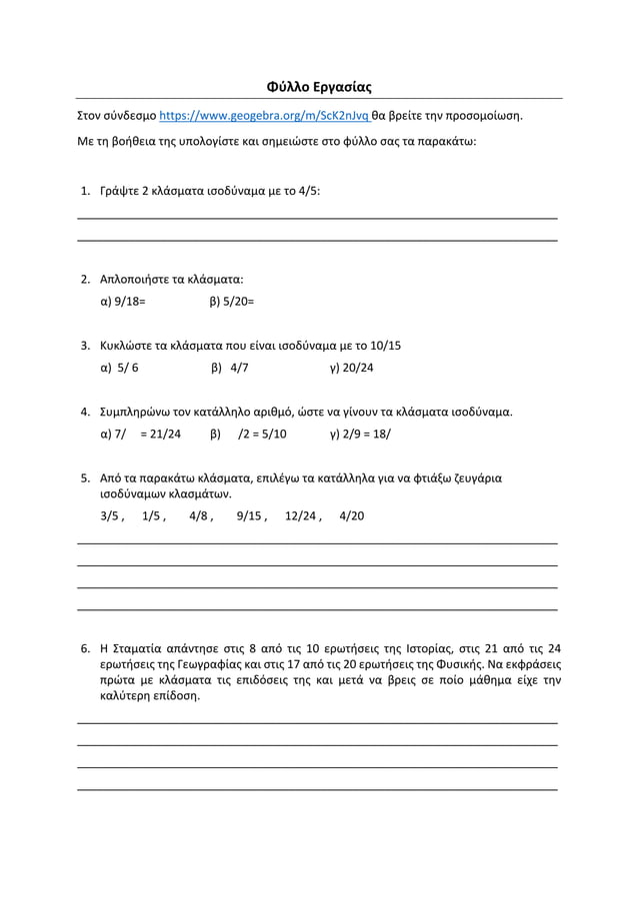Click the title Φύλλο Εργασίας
(x=319, y=87)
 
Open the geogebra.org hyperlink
(x=263, y=115)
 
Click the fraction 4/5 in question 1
(x=308, y=191)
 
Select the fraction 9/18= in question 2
(x=129, y=301)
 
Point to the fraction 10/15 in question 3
(x=385, y=346)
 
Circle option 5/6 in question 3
(x=127, y=368)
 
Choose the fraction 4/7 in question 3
(x=239, y=368)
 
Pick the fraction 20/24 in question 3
(x=357, y=368)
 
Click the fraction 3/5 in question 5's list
(x=110, y=516)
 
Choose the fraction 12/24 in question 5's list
(x=301, y=516)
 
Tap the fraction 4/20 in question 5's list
(x=352, y=516)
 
